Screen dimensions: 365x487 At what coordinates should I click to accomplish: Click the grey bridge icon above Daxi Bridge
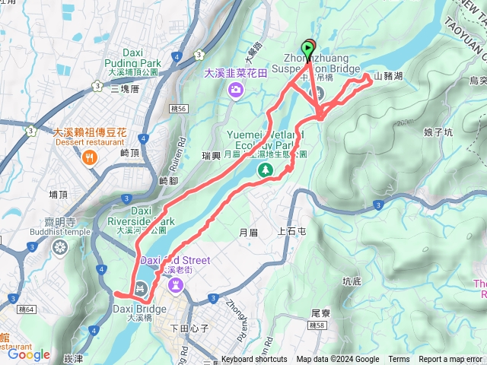(x=140, y=289)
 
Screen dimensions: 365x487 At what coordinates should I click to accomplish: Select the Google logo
(x=28, y=354)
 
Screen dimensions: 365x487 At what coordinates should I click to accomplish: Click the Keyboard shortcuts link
(x=254, y=360)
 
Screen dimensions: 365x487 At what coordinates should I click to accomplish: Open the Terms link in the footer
(x=399, y=360)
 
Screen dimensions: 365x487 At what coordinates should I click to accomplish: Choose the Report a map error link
(x=451, y=360)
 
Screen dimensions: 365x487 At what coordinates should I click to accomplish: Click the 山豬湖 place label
(x=388, y=78)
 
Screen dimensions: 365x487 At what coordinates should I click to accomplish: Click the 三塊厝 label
(x=125, y=89)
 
